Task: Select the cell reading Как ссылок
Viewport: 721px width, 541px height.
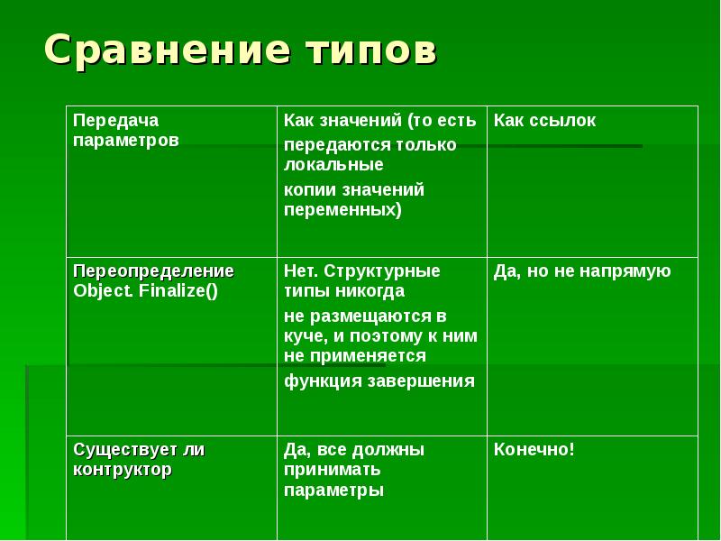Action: click(x=544, y=121)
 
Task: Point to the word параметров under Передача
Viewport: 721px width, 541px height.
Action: click(x=126, y=141)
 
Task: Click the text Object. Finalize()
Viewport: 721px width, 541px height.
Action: click(x=145, y=290)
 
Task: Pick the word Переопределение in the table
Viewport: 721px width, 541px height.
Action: click(x=153, y=270)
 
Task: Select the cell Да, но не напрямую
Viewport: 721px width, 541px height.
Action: click(x=582, y=270)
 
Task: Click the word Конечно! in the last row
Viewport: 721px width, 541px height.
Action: click(x=534, y=449)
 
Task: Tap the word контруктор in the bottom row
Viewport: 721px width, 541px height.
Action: click(x=123, y=469)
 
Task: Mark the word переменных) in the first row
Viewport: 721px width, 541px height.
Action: click(x=342, y=209)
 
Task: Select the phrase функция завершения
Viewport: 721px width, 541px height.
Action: click(x=379, y=381)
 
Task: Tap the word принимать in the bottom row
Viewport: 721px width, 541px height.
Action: click(x=332, y=470)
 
